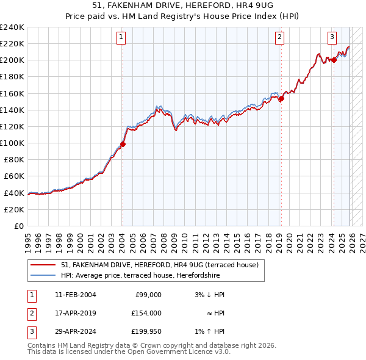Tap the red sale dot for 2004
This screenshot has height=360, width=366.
[123, 145]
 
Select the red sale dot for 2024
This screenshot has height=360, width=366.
[334, 60]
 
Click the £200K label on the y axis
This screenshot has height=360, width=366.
[12, 60]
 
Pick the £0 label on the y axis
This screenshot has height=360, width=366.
[18, 226]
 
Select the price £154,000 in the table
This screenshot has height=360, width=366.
[146, 313]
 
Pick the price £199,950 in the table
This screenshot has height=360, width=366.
[146, 331]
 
